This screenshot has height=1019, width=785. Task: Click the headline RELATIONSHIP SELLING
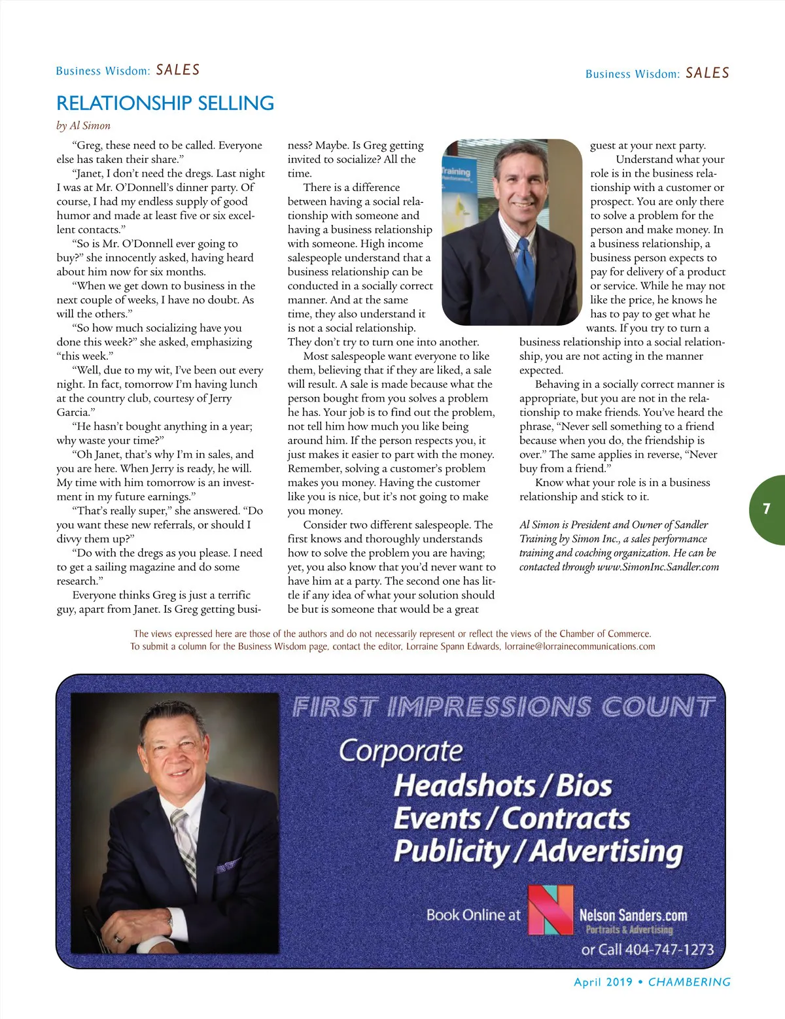(165, 103)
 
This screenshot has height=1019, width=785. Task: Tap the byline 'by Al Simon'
(83, 126)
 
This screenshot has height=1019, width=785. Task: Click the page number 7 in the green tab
(766, 509)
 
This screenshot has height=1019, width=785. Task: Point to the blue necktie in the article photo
(525, 268)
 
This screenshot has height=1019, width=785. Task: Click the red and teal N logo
(550, 910)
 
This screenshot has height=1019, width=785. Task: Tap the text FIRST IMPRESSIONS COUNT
(503, 707)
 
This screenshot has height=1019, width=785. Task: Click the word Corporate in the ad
(400, 751)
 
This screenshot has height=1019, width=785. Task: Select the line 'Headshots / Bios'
(502, 786)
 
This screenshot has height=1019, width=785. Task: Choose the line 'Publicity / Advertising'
(538, 851)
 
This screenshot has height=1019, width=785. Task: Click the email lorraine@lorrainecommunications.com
(580, 646)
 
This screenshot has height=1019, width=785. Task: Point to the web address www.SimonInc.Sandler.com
(658, 567)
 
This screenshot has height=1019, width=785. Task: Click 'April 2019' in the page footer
(602, 982)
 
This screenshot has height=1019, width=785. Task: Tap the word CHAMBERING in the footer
(689, 982)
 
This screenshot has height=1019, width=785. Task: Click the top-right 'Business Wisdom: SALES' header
(657, 73)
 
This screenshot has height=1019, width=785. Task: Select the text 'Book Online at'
(473, 915)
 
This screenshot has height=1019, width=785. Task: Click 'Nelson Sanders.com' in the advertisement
(633, 915)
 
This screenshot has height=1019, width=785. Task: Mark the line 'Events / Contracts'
(512, 818)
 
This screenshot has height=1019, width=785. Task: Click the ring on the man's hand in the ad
(118, 937)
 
